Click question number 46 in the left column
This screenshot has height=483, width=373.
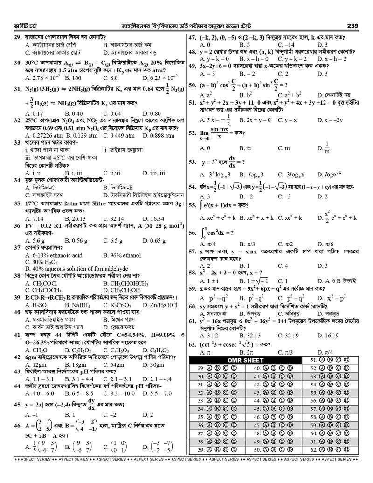coord(17,426)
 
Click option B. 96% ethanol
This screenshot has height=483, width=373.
coord(122,255)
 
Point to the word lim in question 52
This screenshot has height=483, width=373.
coord(205,133)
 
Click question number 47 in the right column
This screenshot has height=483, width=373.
coord(192,38)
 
